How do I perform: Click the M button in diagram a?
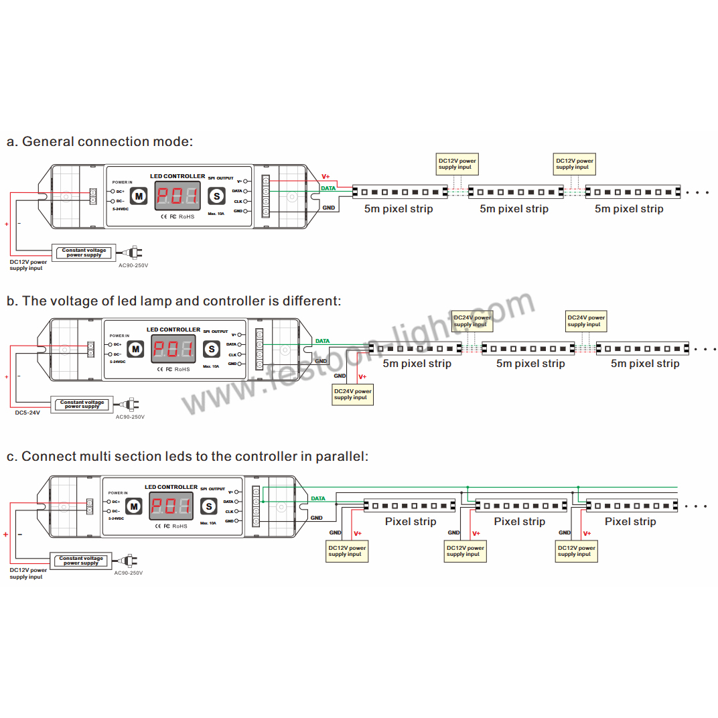click(139, 196)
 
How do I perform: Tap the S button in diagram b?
click(212, 349)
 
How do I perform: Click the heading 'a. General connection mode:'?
click(100, 141)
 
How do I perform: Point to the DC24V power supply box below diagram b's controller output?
click(353, 394)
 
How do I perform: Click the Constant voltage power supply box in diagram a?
click(84, 253)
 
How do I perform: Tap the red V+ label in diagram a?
click(326, 176)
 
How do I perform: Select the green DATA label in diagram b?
click(322, 341)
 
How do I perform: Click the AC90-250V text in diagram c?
click(129, 573)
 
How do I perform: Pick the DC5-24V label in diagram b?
click(27, 413)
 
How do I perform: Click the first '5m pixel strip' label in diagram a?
click(399, 209)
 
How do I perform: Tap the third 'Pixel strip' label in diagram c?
click(630, 521)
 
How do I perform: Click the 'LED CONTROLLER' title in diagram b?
click(173, 330)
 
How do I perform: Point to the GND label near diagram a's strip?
click(329, 208)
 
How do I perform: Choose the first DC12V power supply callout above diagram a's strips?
click(457, 163)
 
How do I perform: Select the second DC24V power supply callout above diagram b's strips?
click(586, 321)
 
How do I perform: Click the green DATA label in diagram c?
click(318, 498)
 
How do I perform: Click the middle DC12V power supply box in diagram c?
click(465, 551)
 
